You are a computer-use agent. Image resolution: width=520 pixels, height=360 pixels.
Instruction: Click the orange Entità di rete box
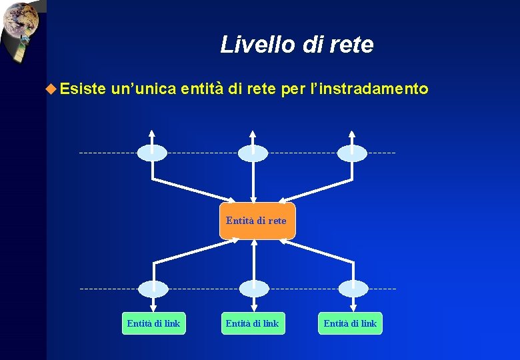tap(257, 221)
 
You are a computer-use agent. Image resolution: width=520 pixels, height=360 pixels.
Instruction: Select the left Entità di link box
tap(153, 323)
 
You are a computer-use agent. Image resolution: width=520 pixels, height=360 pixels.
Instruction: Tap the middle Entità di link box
tap(253, 323)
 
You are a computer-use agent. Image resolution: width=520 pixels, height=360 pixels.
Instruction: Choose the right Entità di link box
tap(350, 323)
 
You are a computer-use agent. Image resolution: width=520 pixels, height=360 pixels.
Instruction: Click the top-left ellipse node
tap(152, 153)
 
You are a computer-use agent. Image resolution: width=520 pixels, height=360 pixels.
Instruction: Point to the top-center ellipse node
tap(253, 153)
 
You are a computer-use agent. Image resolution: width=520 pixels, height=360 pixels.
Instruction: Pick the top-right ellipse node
tap(352, 153)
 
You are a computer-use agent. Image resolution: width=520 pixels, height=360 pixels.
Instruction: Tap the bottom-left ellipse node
tap(153, 289)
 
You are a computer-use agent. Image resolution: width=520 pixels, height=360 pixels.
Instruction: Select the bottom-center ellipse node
tap(253, 289)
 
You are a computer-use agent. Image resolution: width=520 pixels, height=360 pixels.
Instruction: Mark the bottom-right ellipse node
tap(353, 289)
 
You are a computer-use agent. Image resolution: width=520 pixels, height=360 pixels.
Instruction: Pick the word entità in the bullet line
tap(201, 88)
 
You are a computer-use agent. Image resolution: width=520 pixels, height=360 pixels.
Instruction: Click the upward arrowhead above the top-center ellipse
tap(253, 132)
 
